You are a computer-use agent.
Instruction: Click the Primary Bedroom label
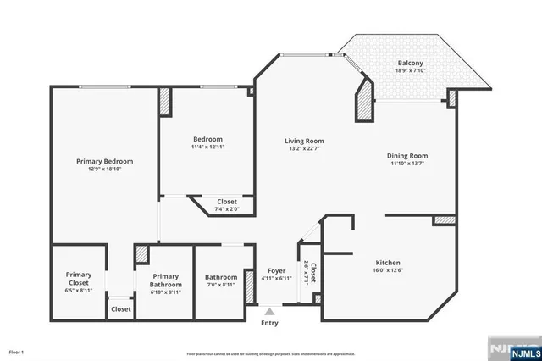(x=104, y=160)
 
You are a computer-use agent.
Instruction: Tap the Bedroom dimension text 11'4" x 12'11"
(x=207, y=147)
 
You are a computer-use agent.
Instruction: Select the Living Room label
(x=304, y=142)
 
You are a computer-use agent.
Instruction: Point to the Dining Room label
(x=407, y=156)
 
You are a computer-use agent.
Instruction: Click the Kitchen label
(x=388, y=263)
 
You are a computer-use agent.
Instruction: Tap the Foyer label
(x=276, y=270)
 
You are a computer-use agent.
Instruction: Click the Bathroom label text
(x=220, y=277)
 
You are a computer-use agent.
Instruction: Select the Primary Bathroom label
(x=166, y=280)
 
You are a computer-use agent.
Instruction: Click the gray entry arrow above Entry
(x=269, y=312)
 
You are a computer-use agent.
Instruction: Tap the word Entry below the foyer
(x=269, y=323)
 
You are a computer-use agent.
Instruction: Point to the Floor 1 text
(x=17, y=351)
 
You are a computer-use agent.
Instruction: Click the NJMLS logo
(x=509, y=347)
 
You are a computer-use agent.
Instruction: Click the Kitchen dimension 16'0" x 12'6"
(x=388, y=270)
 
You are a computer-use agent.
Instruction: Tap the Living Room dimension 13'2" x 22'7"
(x=304, y=149)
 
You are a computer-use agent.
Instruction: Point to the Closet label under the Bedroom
(x=226, y=202)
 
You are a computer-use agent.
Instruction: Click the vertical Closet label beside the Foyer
(x=312, y=273)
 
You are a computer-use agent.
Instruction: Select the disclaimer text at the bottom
(x=270, y=353)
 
